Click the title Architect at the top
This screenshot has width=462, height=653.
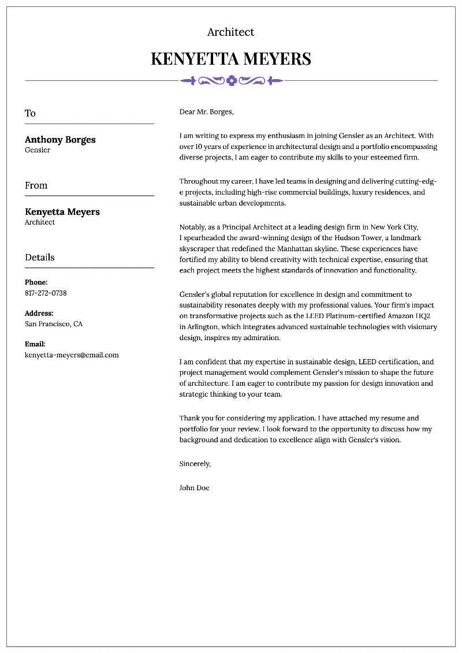pos(230,32)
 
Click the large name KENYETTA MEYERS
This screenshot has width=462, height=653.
pos(231,59)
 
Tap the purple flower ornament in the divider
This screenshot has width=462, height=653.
pos(232,81)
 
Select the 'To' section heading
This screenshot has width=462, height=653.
pos(30,113)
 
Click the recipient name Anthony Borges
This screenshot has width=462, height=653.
pos(60,140)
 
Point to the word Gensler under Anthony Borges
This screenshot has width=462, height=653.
pos(38,150)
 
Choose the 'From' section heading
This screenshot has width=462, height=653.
pos(36,185)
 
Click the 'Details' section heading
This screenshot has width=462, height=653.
pos(39,258)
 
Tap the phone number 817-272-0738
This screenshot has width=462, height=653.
pos(46,293)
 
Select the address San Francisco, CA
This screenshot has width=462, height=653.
pos(54,324)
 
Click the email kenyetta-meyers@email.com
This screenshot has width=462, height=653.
pos(72,355)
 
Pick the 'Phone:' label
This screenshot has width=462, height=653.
pos(36,282)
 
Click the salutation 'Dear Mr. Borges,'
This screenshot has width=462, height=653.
pos(206,112)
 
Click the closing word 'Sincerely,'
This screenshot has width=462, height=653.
pos(195,464)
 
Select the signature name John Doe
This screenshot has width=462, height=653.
pos(195,488)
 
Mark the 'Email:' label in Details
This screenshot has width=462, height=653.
pos(35,344)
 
